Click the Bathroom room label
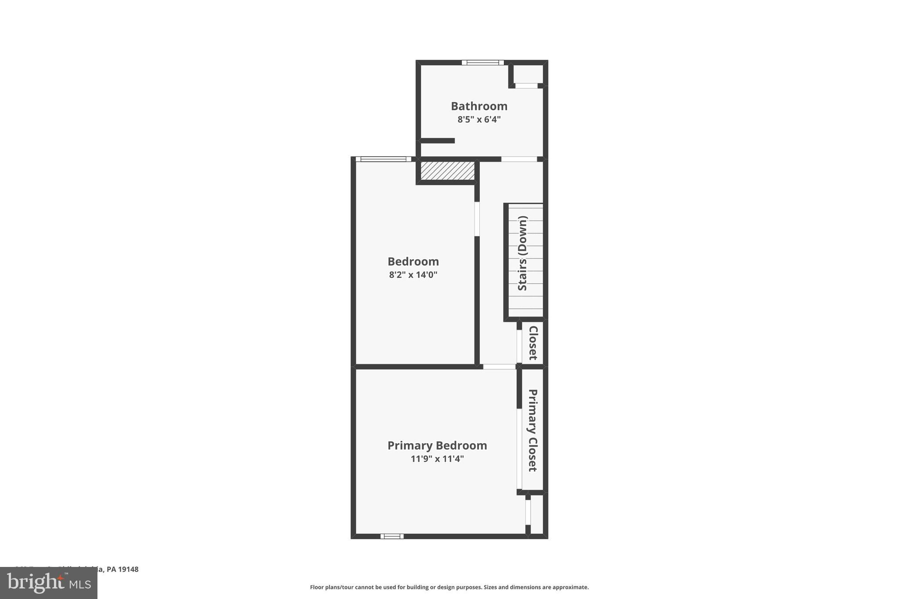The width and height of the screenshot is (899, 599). click(x=479, y=106)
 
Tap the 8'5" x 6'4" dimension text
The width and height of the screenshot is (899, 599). click(x=479, y=119)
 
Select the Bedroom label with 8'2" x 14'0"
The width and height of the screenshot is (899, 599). click(x=413, y=262)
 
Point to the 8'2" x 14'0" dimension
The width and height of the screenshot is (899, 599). click(x=413, y=275)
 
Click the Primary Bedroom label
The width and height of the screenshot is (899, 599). click(x=437, y=446)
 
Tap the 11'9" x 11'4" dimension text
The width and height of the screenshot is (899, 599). click(x=437, y=459)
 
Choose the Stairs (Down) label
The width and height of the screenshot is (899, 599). click(x=522, y=253)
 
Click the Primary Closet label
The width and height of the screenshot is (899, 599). click(x=532, y=430)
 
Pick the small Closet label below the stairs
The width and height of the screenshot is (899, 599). click(x=533, y=343)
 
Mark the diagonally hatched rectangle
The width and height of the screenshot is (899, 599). click(x=447, y=171)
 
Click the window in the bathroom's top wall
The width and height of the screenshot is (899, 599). click(x=482, y=62)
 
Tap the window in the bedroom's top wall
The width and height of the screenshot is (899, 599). click(x=383, y=159)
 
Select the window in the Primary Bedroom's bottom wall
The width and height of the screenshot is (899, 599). click(x=392, y=536)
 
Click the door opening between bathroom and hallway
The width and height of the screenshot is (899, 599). click(x=519, y=159)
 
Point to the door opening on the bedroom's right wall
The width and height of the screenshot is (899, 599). click(x=477, y=219)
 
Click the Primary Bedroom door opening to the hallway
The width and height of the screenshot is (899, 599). click(x=499, y=366)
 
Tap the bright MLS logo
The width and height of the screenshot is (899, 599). click(x=49, y=583)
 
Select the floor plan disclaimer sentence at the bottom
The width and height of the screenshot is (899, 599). click(x=449, y=587)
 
